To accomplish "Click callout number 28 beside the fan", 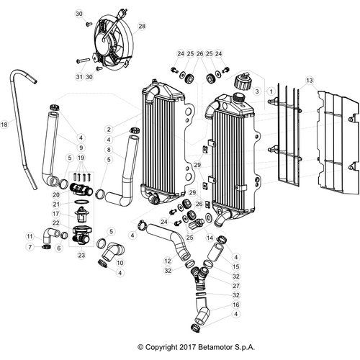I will click(x=142, y=25).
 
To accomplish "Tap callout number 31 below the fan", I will click(x=78, y=76).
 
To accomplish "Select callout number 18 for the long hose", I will click(x=5, y=125).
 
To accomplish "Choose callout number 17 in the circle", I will click(x=55, y=214).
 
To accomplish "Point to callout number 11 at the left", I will click(x=30, y=236).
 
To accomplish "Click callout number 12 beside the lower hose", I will click(x=167, y=261).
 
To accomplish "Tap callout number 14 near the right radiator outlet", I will click(x=210, y=238).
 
